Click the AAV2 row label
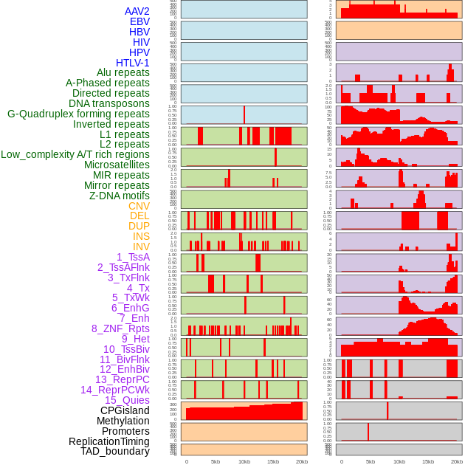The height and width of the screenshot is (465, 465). point(137,11)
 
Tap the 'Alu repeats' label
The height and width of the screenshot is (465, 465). point(123,73)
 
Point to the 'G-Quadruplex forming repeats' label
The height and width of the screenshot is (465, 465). point(78,114)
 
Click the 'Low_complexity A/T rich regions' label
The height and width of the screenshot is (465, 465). point(75,154)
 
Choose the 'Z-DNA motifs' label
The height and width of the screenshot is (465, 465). point(120,196)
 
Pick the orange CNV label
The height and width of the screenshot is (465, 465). point(139,206)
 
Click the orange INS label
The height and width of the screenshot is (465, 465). point(141,236)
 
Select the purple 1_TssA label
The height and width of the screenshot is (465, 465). point(133,257)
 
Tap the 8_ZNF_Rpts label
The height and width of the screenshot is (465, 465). point(120,328)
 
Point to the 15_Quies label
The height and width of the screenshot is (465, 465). point(126,400)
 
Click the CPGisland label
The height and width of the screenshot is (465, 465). point(125,410)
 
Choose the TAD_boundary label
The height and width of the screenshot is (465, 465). point(114,451)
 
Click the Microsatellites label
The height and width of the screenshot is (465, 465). point(117,165)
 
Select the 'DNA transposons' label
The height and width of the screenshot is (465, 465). point(109,103)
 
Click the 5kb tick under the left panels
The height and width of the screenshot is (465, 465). point(216,461)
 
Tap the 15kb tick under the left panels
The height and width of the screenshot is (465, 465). point(273,461)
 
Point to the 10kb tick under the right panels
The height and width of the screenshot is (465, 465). point(399,461)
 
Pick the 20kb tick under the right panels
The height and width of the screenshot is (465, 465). point(457,461)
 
